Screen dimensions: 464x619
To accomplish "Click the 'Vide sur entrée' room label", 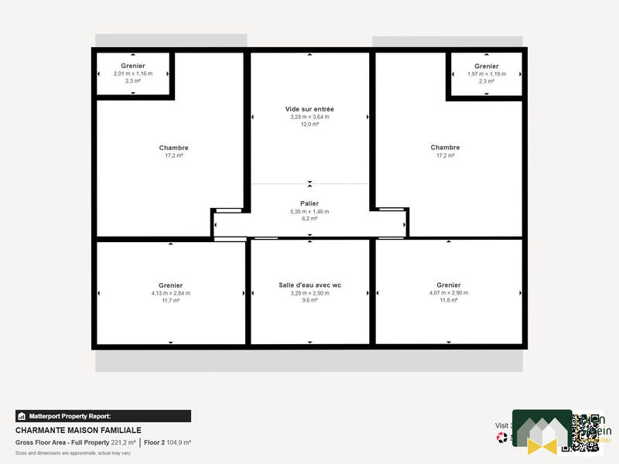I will (309, 109).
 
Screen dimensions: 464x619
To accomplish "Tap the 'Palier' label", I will (309, 203).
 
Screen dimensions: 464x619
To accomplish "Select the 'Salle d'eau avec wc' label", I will (309, 285).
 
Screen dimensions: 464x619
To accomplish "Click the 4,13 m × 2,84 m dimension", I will (170, 293).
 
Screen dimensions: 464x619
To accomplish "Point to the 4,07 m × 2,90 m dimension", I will (448, 293).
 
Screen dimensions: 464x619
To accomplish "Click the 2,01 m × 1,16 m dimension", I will (133, 73).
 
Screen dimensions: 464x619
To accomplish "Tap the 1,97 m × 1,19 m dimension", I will (487, 74).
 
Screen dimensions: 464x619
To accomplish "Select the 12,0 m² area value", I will (309, 125).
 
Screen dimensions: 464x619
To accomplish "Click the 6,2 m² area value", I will (309, 219).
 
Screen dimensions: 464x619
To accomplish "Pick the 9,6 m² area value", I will (309, 300).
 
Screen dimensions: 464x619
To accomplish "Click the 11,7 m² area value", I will (170, 300).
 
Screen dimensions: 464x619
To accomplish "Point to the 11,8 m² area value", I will (448, 300).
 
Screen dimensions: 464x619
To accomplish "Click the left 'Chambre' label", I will (173, 148).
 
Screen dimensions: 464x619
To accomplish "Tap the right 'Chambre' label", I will (445, 147).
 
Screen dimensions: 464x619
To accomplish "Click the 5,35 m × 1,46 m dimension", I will (309, 211).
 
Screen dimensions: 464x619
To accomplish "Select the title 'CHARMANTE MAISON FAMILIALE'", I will (78, 430).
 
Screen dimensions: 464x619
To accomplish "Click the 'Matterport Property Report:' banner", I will (103, 416).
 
